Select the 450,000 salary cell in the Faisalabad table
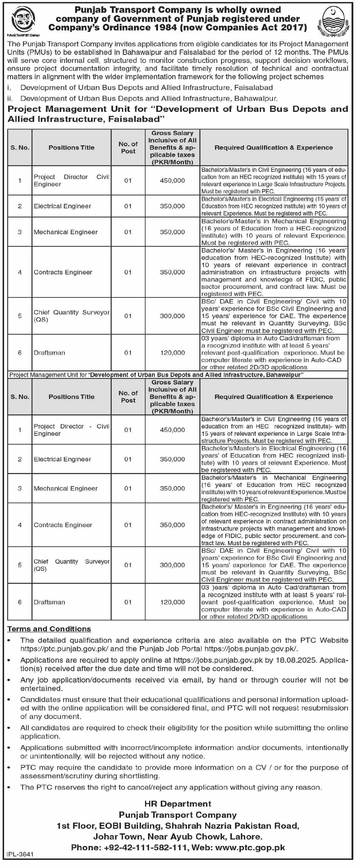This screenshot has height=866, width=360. pos(172,181)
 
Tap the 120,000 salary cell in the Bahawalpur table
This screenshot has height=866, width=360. pos(172,602)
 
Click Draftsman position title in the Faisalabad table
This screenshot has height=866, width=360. pos(50,353)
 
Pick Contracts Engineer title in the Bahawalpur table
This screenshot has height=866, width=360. pos(63,525)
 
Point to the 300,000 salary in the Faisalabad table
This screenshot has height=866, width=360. pos(172,316)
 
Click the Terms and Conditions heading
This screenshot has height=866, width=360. pos(49,629)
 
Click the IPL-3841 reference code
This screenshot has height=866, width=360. pos(20,854)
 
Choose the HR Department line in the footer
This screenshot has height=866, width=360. pos(178,804)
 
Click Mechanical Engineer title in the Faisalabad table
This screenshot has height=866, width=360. pos(66,232)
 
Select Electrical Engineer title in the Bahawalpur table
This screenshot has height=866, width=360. pos(62,459)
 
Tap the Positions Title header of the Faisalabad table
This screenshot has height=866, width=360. pos(71,148)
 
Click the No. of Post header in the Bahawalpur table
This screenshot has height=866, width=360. pos(128,397)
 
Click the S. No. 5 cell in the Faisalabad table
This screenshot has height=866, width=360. pos(20,316)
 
